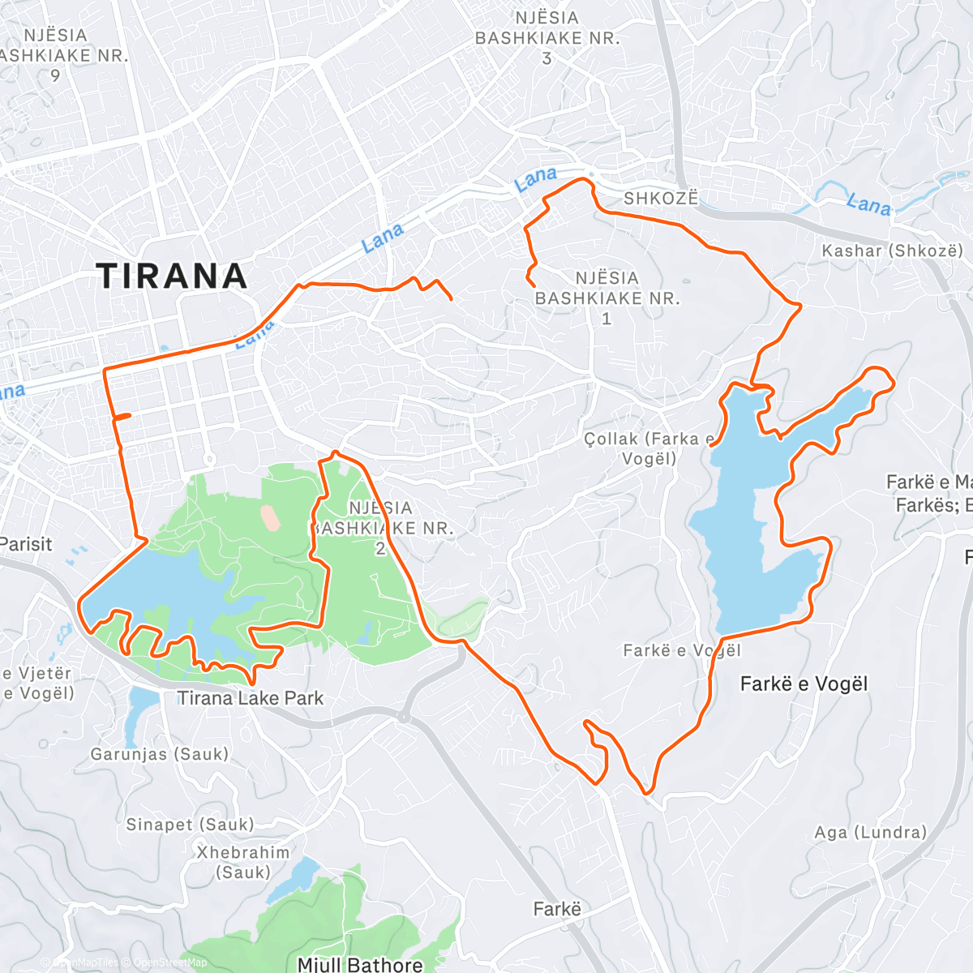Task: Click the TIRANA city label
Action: [172, 276]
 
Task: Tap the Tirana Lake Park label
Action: [251, 698]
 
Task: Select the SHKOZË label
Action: [660, 199]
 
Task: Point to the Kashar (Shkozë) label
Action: [892, 251]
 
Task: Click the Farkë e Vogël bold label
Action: [804, 684]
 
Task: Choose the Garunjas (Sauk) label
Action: [160, 754]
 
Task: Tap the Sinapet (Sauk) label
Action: [190, 825]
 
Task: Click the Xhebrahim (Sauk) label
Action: [243, 863]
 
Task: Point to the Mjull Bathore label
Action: [360, 964]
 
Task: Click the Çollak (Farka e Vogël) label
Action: [649, 448]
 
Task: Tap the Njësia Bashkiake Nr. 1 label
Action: [607, 298]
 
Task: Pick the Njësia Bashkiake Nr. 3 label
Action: [547, 38]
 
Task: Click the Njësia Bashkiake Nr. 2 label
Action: [381, 527]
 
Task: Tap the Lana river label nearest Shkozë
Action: [536, 179]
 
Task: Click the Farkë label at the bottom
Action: [557, 909]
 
